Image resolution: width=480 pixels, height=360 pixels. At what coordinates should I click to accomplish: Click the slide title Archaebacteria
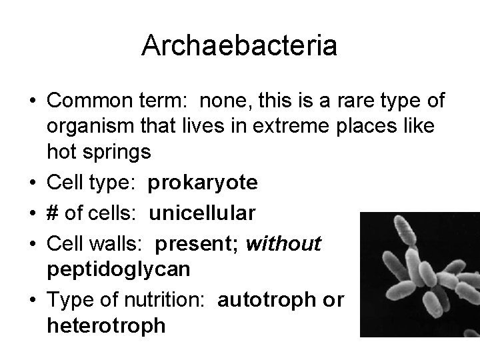tap(239, 47)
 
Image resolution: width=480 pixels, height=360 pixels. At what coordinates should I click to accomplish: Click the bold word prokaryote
tap(201, 183)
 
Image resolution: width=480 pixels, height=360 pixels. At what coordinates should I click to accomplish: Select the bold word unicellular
tap(201, 213)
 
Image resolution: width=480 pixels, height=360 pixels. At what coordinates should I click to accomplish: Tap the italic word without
tap(283, 245)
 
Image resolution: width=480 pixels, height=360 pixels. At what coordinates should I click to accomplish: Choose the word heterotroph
tap(107, 327)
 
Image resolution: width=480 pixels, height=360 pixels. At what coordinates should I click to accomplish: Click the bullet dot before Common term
tap(32, 101)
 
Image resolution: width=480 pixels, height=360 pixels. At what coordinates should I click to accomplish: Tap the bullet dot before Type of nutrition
tap(32, 301)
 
